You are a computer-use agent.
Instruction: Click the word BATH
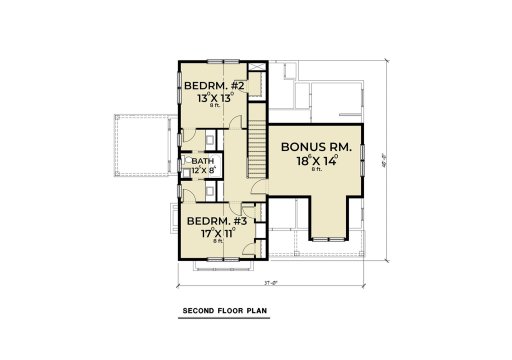point(203,161)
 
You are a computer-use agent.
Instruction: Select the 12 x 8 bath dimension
point(203,170)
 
